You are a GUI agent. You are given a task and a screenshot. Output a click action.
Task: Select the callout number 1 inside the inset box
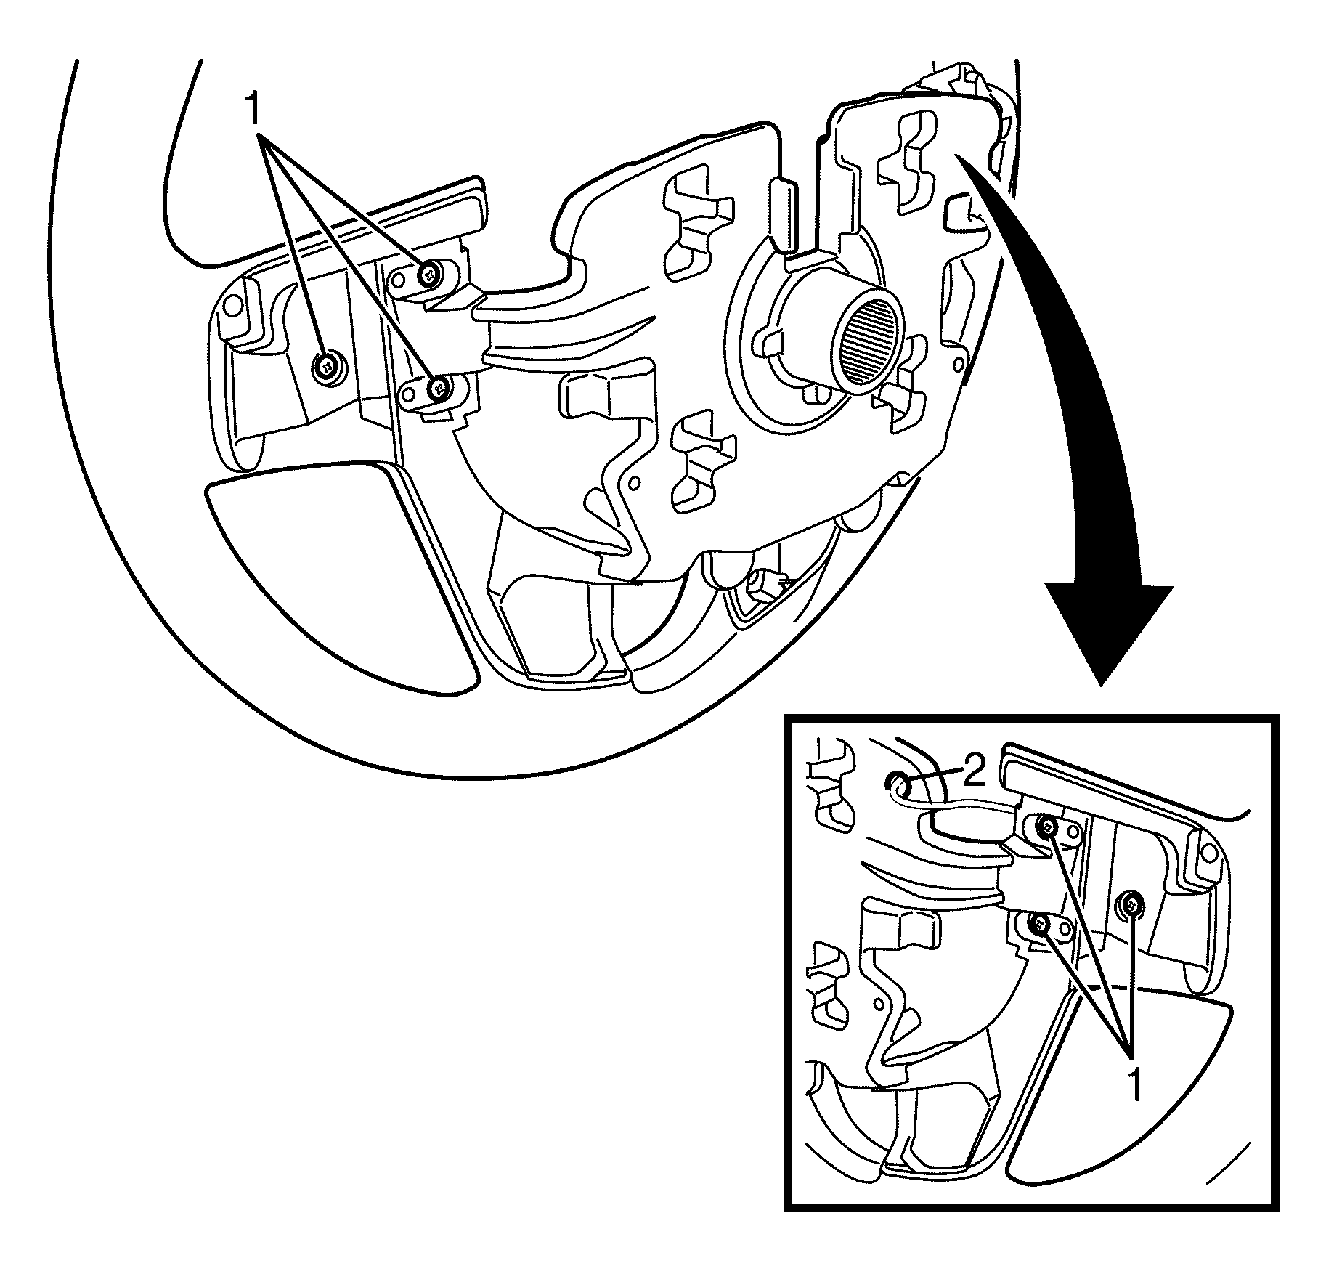(1136, 1087)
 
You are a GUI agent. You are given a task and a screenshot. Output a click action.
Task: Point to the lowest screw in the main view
(439, 389)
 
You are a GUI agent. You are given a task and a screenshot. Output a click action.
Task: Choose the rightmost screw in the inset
(1131, 904)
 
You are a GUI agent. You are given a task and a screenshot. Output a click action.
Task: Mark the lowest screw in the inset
(1041, 924)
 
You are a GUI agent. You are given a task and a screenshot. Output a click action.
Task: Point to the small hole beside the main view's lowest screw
(410, 393)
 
